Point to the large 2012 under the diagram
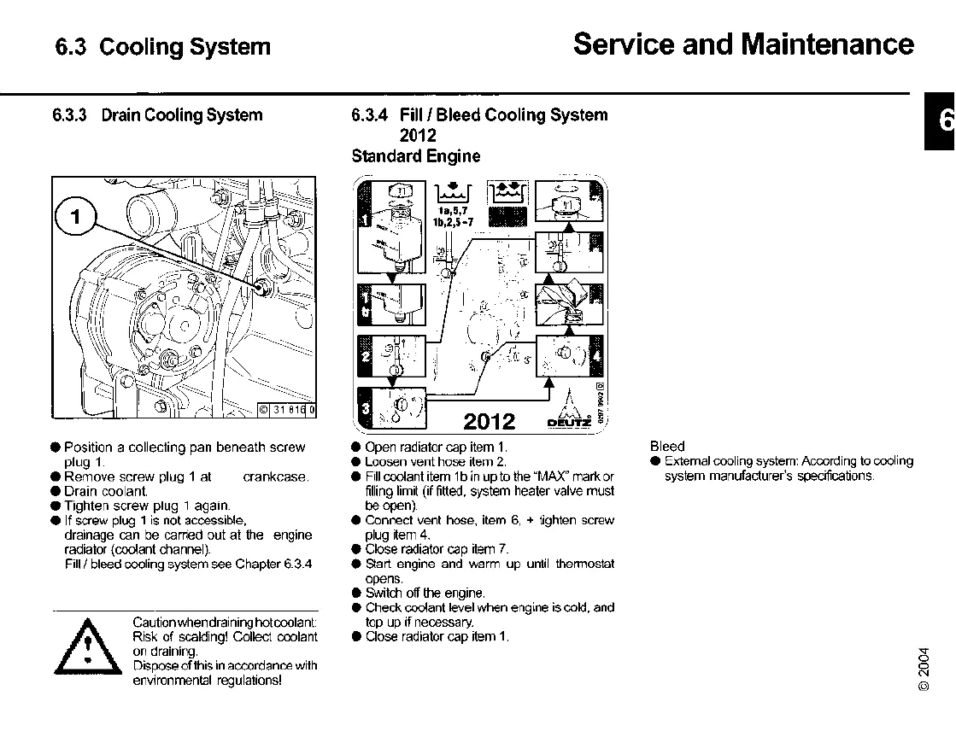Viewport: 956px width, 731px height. coord(490,421)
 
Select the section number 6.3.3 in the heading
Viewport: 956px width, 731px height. coord(69,114)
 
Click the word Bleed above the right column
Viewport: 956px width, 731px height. coord(667,446)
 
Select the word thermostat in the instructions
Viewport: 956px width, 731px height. coord(585,564)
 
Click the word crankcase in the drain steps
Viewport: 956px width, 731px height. coord(275,477)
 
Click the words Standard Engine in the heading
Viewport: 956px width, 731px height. coord(415,156)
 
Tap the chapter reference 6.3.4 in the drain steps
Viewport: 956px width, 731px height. coord(296,564)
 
